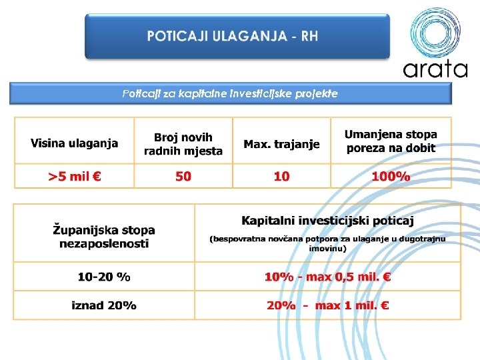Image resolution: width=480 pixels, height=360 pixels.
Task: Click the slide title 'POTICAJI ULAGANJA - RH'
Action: point(233,36)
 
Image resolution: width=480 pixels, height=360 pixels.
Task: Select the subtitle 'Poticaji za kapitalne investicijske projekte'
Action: point(230,94)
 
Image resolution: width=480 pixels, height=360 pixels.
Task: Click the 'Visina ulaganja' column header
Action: point(74,143)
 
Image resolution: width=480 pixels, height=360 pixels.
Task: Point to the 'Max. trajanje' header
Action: point(281,144)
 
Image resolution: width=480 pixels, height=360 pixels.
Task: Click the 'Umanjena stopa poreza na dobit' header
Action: point(391,141)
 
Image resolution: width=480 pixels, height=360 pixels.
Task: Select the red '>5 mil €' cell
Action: point(74,177)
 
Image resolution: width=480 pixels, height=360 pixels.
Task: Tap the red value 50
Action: point(183,177)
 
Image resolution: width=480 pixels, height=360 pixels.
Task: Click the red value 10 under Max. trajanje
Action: point(281,177)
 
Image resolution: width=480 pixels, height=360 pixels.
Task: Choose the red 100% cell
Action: point(391,177)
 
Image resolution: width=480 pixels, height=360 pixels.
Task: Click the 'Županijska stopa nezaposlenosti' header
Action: point(104,237)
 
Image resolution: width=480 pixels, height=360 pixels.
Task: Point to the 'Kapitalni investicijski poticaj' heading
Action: point(327,221)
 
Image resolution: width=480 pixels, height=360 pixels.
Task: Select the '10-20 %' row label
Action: point(104,276)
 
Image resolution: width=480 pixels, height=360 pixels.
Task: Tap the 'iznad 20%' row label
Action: point(104,305)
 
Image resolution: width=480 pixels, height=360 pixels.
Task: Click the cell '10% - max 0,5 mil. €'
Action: point(327,277)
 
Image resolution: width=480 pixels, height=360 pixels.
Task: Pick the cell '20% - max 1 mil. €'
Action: point(327,305)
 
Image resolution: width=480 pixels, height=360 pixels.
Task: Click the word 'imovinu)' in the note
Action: point(327,249)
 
